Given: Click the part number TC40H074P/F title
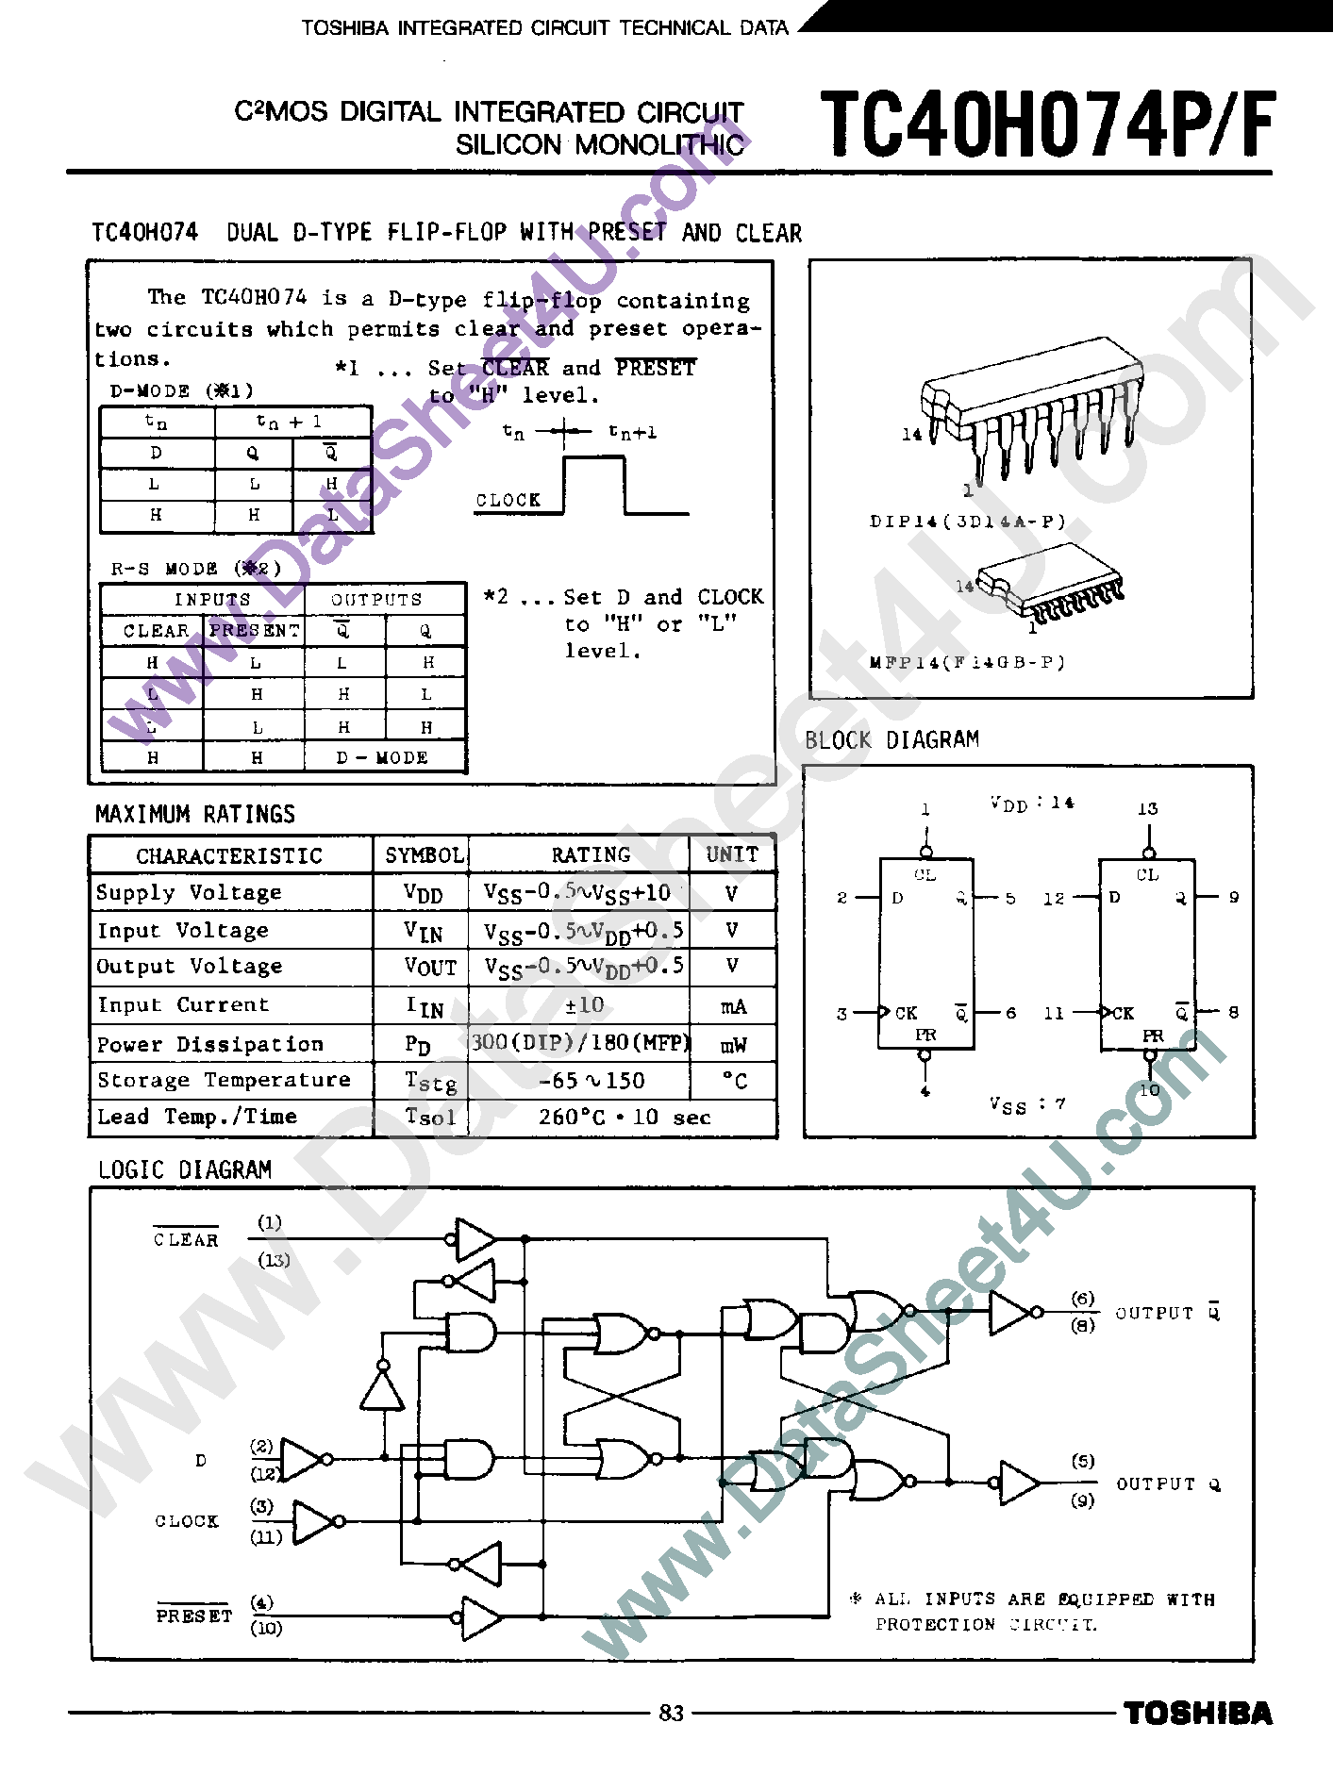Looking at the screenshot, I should click(x=1047, y=125).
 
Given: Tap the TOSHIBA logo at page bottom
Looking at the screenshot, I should click(x=1197, y=1714).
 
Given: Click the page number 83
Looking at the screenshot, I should click(x=671, y=1713).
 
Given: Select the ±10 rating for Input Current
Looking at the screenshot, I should click(x=584, y=1005).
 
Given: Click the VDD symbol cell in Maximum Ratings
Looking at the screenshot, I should click(x=423, y=893).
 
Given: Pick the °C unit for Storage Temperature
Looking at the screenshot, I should click(x=734, y=1081).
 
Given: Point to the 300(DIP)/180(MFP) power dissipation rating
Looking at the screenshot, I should click(x=580, y=1042).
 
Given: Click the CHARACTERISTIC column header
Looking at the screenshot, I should click(x=229, y=855).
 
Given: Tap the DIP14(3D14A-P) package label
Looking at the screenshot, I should click(x=967, y=522).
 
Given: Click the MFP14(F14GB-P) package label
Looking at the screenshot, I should click(x=967, y=663).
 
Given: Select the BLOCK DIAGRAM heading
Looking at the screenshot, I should click(x=891, y=740).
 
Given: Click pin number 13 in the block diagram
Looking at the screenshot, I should click(x=1147, y=809).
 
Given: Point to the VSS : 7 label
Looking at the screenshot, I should click(x=1027, y=1104).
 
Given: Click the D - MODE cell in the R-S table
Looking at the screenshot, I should click(x=382, y=758).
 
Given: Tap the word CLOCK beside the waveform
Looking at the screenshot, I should click(x=508, y=501).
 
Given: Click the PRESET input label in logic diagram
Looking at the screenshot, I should click(x=193, y=1616).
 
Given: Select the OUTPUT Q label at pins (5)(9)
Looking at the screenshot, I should click(x=1167, y=1484).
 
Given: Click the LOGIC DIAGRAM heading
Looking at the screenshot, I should click(x=185, y=1170).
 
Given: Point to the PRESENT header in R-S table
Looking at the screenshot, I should click(x=254, y=631).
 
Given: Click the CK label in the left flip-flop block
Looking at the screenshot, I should click(x=906, y=1013).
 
